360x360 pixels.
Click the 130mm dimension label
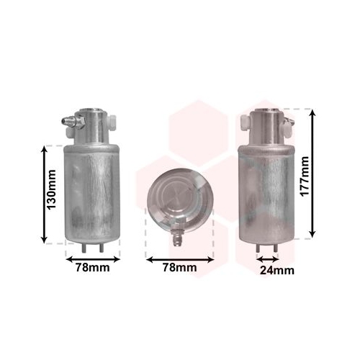[x=51, y=189]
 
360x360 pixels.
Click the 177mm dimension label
[x=305, y=176]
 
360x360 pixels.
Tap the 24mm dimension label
[x=277, y=271]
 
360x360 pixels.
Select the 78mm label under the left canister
[x=93, y=267]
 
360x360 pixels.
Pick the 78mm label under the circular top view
[x=180, y=267]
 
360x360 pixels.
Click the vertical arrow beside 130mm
[x=44, y=194]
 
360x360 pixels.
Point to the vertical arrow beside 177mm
[x=312, y=174]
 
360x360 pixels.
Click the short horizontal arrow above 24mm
[x=268, y=259]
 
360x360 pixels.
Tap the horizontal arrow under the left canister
[x=93, y=259]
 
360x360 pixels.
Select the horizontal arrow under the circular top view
[x=180, y=260]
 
